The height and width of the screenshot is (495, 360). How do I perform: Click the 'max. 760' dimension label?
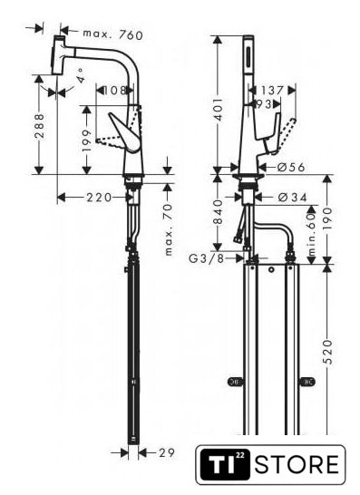(x=112, y=34)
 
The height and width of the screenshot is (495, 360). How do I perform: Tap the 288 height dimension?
(x=39, y=126)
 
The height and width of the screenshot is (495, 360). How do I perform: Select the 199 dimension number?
(x=87, y=140)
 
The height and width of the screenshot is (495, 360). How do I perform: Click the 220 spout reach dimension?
(x=99, y=198)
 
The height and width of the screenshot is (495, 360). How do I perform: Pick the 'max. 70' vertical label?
(x=169, y=229)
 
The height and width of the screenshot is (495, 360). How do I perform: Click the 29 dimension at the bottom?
(x=167, y=452)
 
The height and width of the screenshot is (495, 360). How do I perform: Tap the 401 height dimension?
(x=218, y=109)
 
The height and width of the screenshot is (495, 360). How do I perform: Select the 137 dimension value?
(x=272, y=91)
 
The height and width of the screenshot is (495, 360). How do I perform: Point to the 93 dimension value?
(x=264, y=104)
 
